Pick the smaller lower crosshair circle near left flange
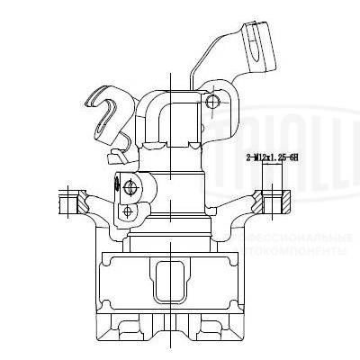[x=129, y=211]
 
